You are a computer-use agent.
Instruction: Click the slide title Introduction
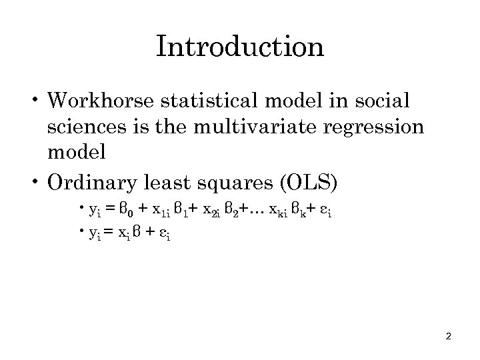tap(240, 47)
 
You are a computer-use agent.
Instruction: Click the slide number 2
tap(449, 336)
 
